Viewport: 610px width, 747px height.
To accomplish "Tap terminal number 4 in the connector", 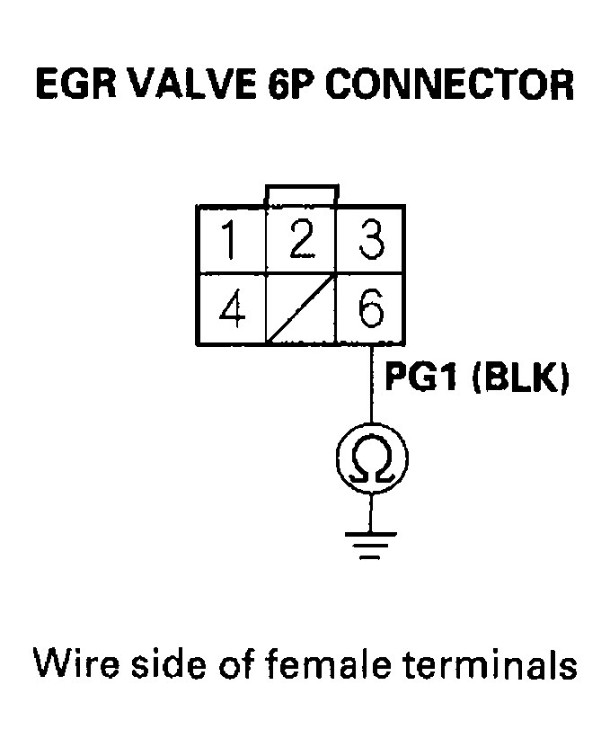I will coord(232,310).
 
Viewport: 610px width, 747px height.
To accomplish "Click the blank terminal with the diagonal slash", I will coord(301,310).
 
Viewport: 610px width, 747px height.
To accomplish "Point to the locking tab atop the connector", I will coord(302,195).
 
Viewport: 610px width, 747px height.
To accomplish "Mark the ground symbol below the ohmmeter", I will coord(369,542).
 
